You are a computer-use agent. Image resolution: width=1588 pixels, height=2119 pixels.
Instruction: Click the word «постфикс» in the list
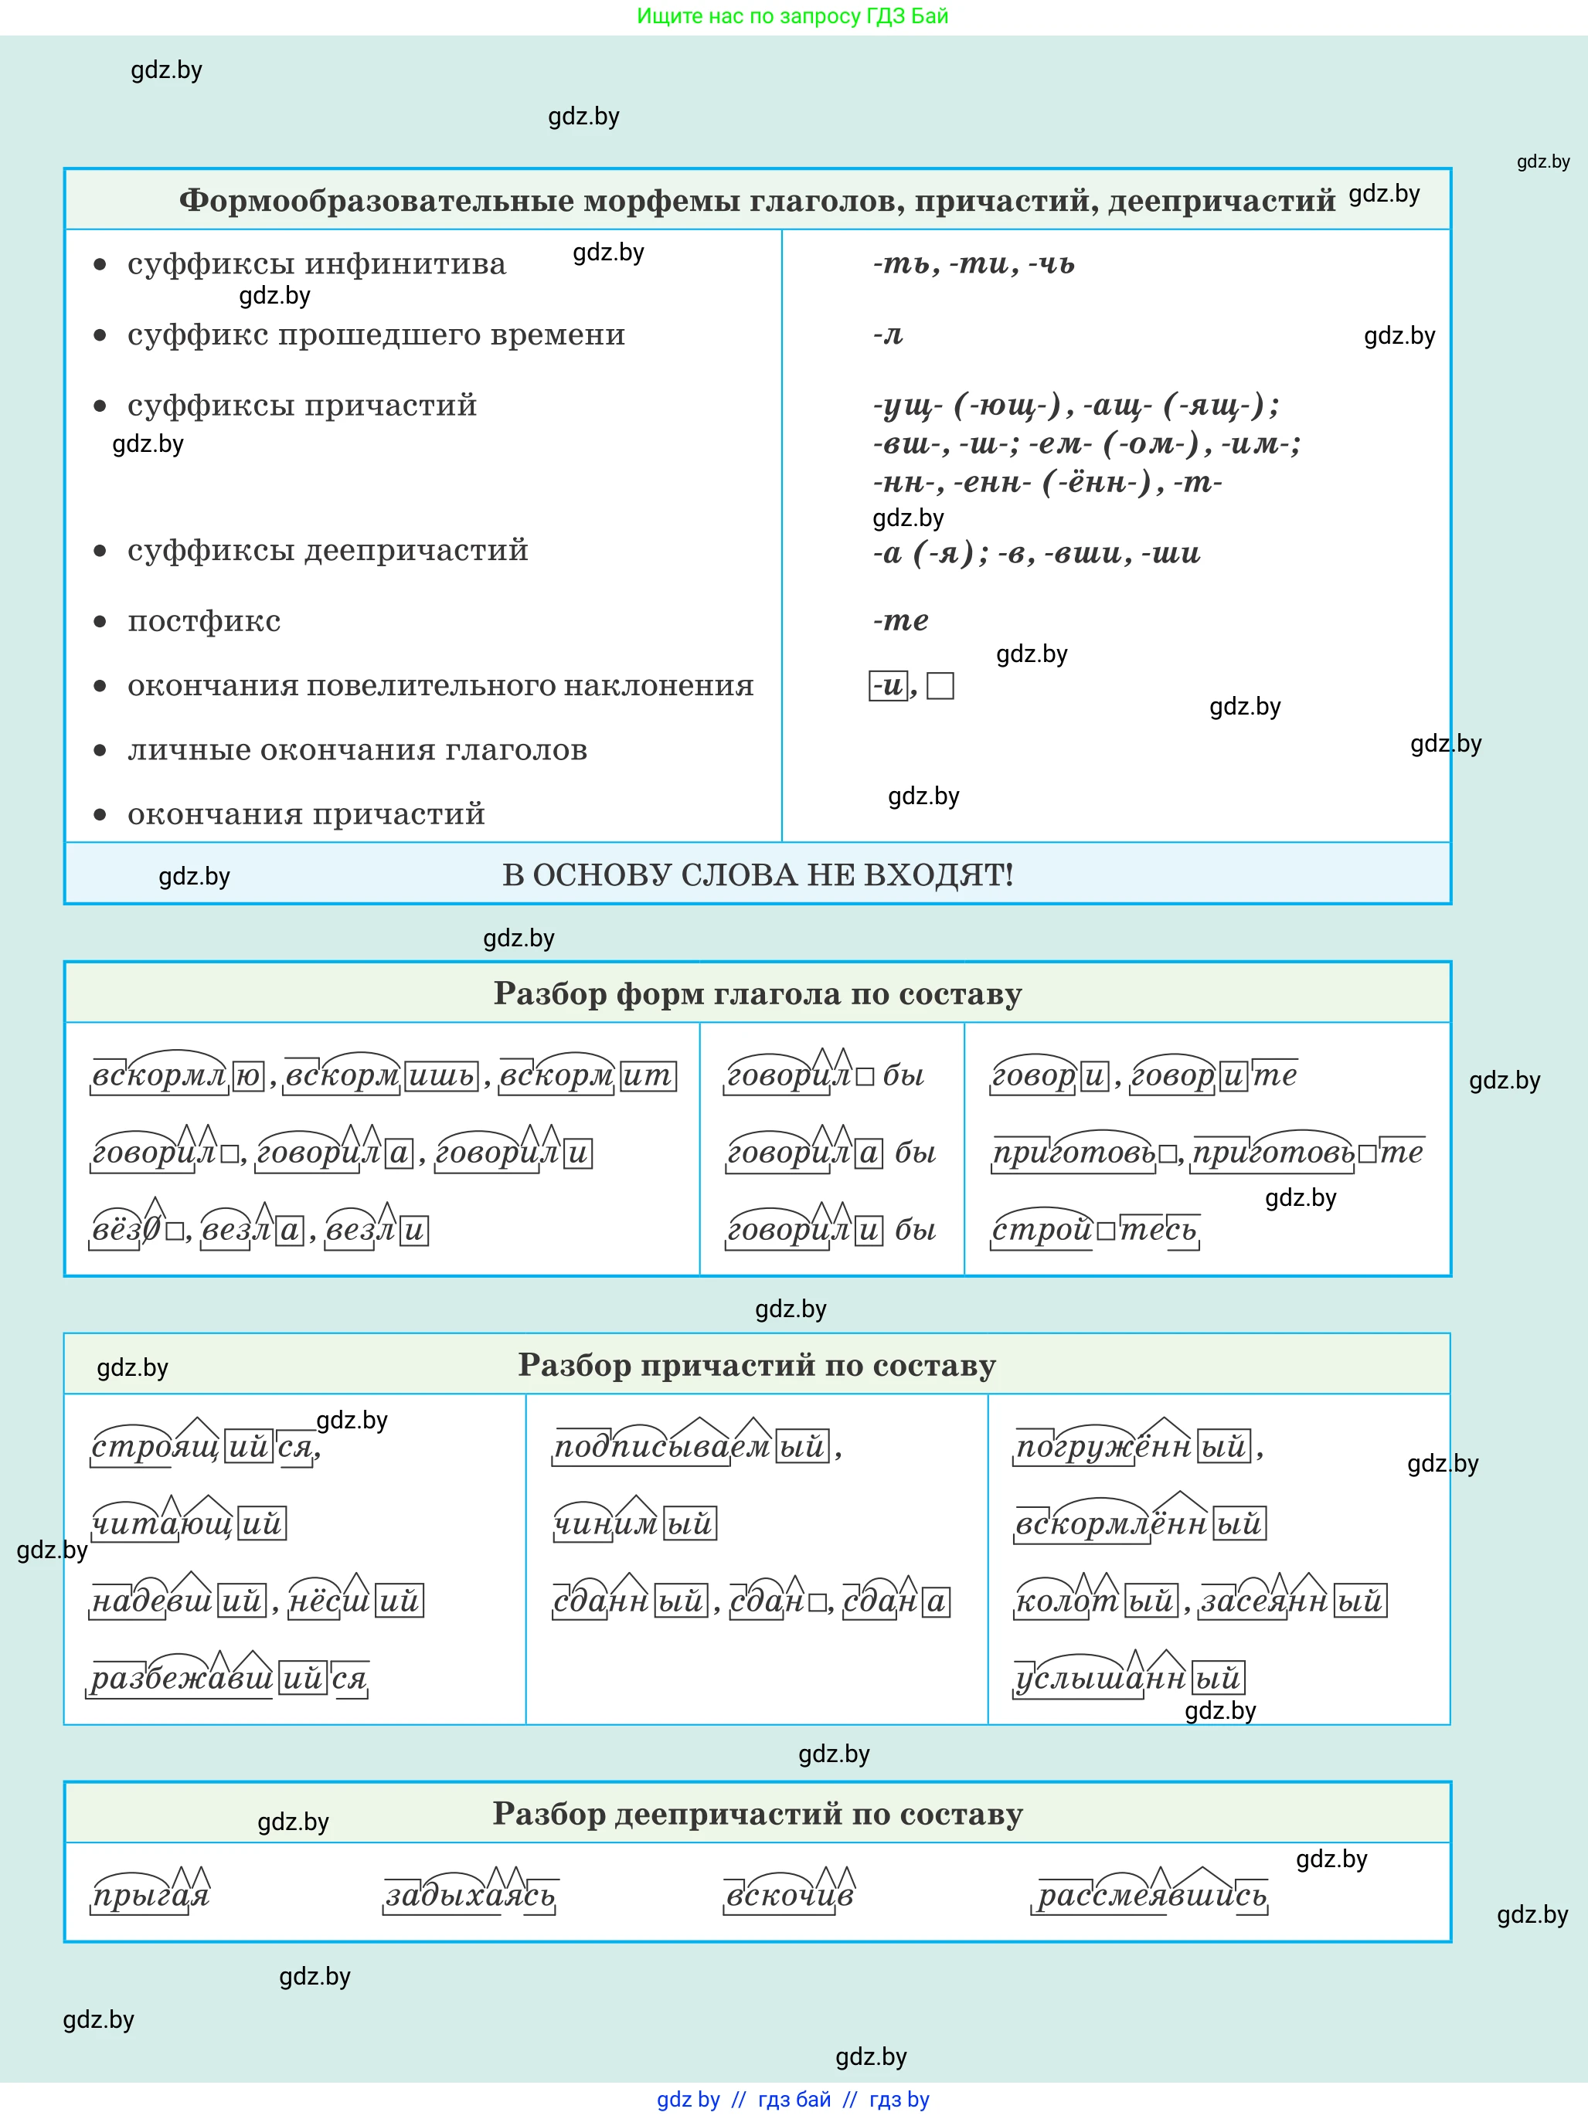pyautogui.click(x=204, y=621)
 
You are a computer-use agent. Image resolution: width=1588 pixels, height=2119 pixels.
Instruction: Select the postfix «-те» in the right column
pyautogui.click(x=901, y=621)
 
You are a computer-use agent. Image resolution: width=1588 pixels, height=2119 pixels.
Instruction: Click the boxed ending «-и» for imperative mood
pyautogui.click(x=889, y=686)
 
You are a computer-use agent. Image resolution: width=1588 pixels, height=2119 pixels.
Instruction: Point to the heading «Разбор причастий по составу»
pyautogui.click(x=757, y=1364)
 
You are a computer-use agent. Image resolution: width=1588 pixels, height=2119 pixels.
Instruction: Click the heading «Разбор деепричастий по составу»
pyautogui.click(x=757, y=1813)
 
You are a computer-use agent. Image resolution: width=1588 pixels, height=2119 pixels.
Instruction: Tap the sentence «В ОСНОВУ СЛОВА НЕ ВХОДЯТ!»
pyautogui.click(x=757, y=874)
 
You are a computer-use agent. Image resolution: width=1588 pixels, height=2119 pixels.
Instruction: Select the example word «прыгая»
pyautogui.click(x=151, y=1895)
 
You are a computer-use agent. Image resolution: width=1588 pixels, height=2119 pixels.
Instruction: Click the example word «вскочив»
pyautogui.click(x=789, y=1895)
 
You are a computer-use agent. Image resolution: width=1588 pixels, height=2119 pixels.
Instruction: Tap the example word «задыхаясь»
pyautogui.click(x=470, y=1895)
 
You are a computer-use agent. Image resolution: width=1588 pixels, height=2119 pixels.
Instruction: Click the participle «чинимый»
pyautogui.click(x=634, y=1523)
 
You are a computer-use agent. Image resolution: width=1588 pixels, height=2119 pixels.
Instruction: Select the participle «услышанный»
pyautogui.click(x=1129, y=1679)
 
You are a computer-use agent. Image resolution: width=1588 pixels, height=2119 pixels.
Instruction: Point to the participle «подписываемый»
pyautogui.click(x=691, y=1445)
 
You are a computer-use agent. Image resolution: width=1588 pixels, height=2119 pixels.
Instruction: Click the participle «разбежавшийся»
pyautogui.click(x=229, y=1679)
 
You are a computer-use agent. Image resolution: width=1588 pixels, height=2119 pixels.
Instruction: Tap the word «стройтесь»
pyautogui.click(x=1094, y=1229)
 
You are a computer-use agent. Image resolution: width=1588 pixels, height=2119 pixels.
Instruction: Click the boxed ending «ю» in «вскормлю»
pyautogui.click(x=248, y=1076)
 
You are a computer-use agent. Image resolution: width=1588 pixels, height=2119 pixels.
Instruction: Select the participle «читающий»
pyautogui.click(x=189, y=1523)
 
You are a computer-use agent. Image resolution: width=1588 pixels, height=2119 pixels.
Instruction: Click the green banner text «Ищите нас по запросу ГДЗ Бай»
pyautogui.click(x=793, y=16)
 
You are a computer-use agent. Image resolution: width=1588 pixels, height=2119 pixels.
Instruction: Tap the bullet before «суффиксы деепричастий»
pyautogui.click(x=100, y=551)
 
